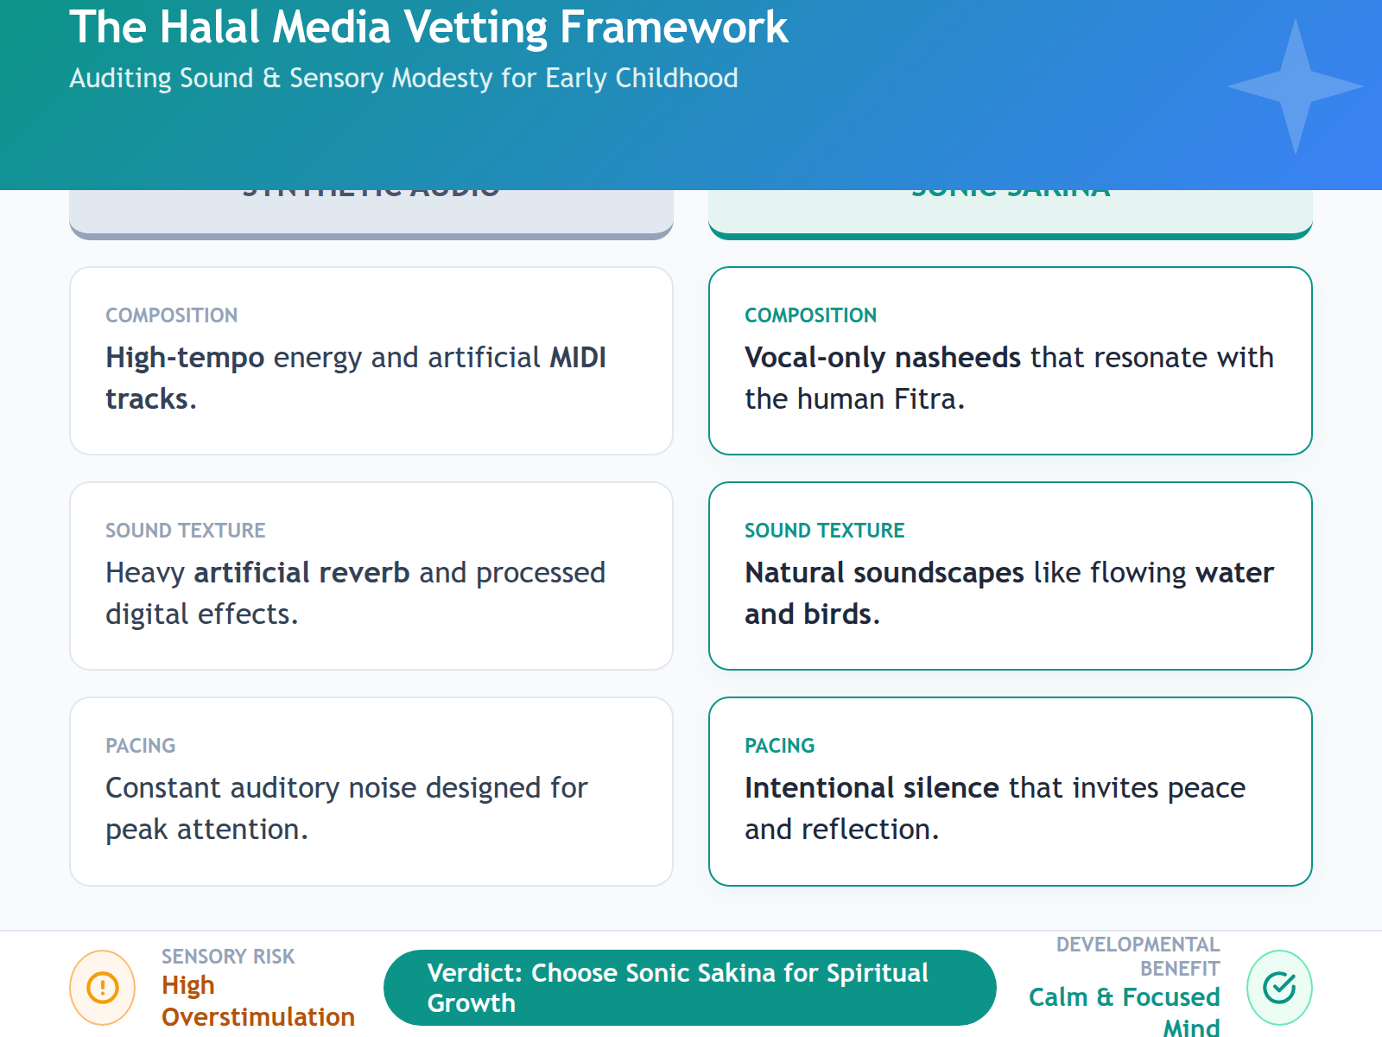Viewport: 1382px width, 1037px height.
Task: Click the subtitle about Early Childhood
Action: point(403,78)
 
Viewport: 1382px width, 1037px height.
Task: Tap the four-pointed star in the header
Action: point(1295,86)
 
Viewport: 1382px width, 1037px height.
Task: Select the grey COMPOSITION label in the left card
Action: point(171,315)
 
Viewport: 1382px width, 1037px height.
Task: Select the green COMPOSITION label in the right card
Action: point(810,315)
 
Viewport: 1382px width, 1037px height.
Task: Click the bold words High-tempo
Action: point(185,358)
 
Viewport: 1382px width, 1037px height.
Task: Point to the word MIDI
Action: point(578,358)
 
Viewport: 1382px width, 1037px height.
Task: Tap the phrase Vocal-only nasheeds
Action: point(883,358)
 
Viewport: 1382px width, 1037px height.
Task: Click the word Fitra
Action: point(925,399)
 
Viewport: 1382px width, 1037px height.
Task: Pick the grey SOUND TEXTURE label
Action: point(185,531)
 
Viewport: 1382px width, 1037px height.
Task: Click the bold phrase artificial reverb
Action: point(301,573)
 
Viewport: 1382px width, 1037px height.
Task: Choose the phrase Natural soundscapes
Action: point(884,573)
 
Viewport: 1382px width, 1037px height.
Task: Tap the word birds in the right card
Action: point(837,614)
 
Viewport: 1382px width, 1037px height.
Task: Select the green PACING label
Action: point(779,746)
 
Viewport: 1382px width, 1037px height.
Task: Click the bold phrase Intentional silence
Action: point(872,788)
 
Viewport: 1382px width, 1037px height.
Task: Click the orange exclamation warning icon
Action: point(103,987)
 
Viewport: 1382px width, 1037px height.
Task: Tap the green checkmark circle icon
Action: point(1279,987)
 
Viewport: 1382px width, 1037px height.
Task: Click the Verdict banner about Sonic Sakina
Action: point(689,988)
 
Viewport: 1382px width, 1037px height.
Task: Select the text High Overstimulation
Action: point(257,1001)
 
